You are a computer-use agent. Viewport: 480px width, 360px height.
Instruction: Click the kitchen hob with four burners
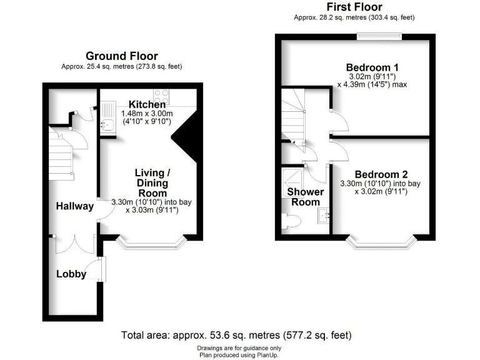pyautogui.click(x=162, y=96)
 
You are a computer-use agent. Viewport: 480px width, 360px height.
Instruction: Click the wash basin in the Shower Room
pyautogui.click(x=323, y=216)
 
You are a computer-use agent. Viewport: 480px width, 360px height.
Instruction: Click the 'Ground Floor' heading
pyautogui.click(x=122, y=56)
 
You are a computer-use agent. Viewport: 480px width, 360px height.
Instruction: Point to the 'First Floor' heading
pyautogui.click(x=354, y=7)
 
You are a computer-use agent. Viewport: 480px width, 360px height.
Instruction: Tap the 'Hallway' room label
pyautogui.click(x=75, y=206)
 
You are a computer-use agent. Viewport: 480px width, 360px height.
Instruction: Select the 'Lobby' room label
pyautogui.click(x=71, y=273)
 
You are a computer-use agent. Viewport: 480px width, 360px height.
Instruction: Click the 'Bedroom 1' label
pyautogui.click(x=373, y=67)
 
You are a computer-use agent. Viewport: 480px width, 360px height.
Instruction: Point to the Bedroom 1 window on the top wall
pyautogui.click(x=379, y=37)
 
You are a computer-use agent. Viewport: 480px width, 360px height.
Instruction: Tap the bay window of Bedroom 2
pyautogui.click(x=381, y=242)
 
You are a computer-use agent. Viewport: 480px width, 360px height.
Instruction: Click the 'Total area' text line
pyautogui.click(x=239, y=334)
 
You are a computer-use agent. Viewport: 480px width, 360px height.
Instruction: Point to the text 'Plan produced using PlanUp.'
pyautogui.click(x=239, y=354)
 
